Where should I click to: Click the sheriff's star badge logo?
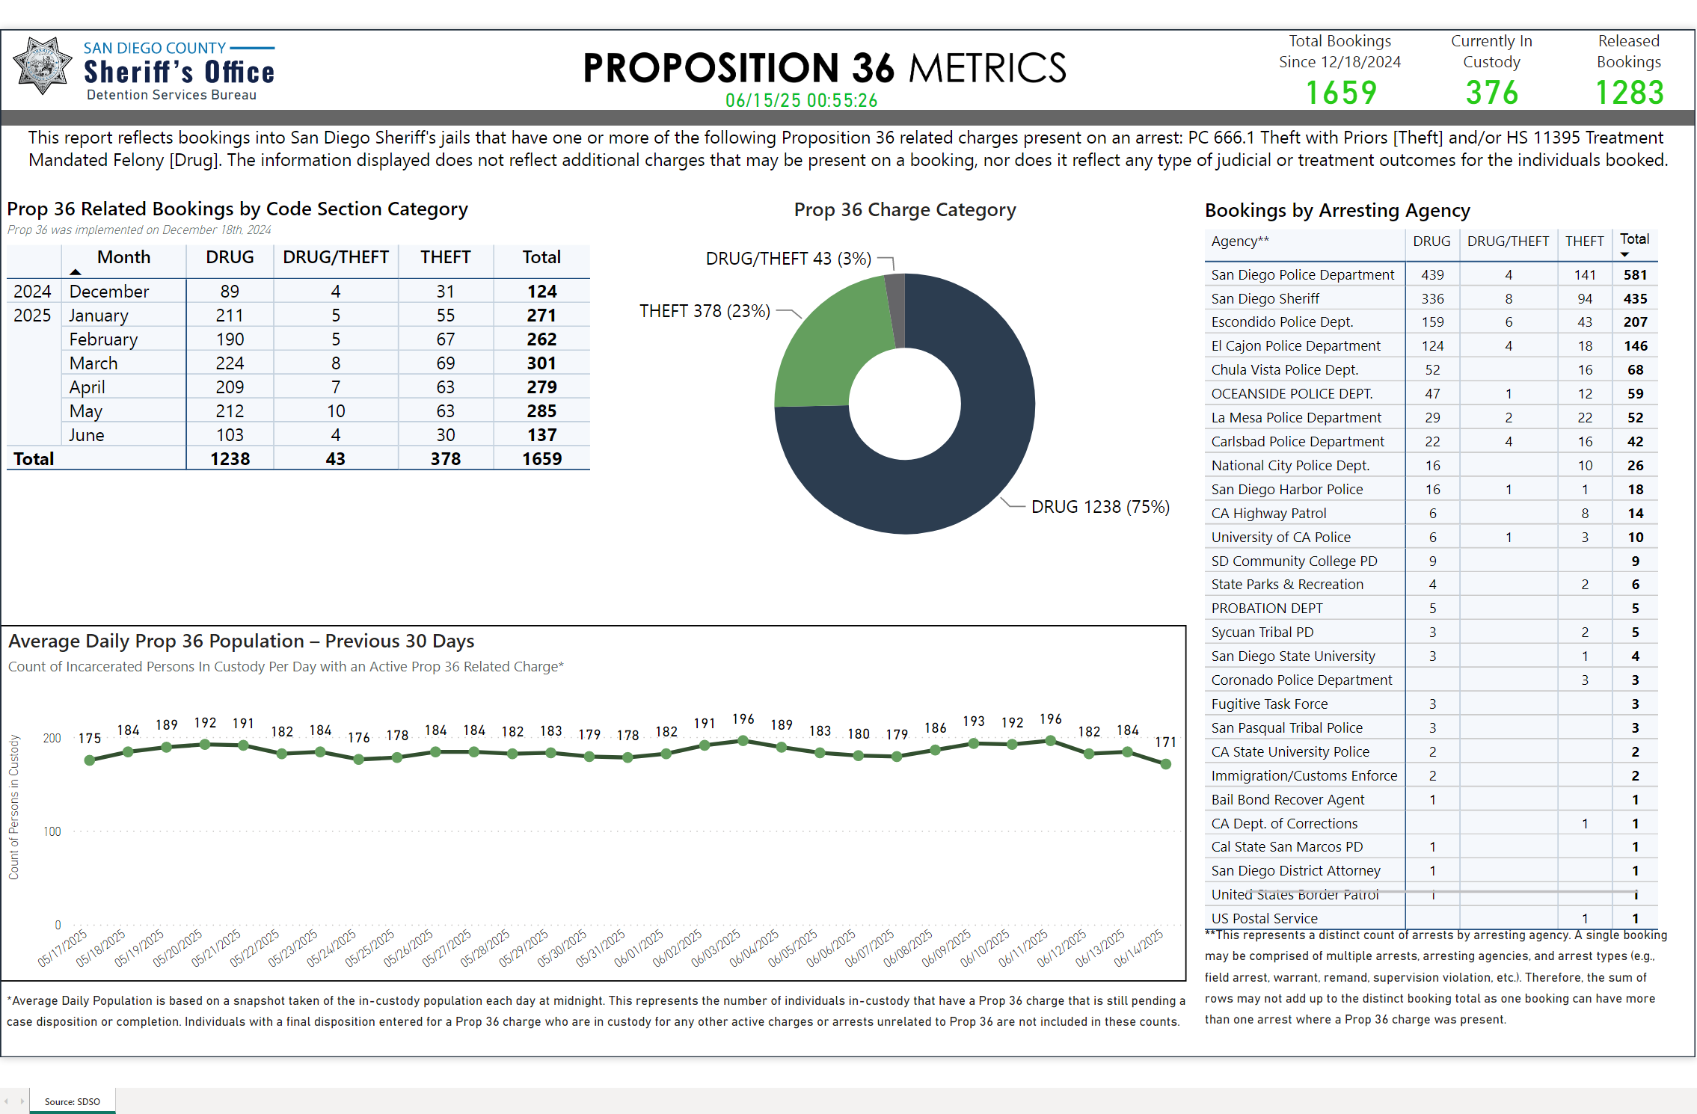tap(43, 66)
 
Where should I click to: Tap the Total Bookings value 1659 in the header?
tap(1340, 93)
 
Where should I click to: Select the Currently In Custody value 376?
tap(1491, 93)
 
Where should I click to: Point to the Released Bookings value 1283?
tap(1629, 93)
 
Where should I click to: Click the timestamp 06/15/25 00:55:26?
tap(801, 100)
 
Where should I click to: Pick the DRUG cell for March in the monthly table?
tap(230, 363)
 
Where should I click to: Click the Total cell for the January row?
tap(541, 316)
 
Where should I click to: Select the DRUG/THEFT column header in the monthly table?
tap(335, 257)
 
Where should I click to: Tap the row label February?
tap(103, 339)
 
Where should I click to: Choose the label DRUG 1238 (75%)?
tap(1100, 507)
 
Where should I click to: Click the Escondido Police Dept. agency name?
tap(1282, 322)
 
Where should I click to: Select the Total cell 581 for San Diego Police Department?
tap(1635, 275)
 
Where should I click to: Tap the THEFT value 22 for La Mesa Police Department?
tap(1585, 418)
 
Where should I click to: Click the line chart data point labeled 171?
tap(1165, 764)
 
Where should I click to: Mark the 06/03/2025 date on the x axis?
tap(715, 948)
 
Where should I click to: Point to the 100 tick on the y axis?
tap(52, 831)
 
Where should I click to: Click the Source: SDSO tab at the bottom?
tap(73, 1101)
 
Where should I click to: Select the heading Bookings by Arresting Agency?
tap(1337, 211)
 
